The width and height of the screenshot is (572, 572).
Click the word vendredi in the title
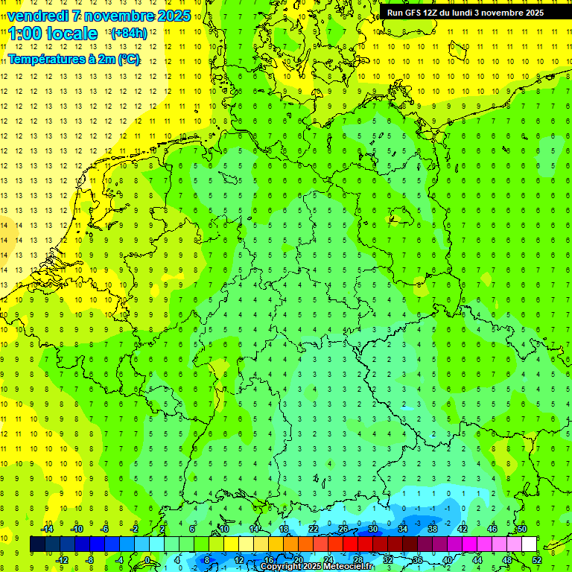pyautogui.click(x=38, y=16)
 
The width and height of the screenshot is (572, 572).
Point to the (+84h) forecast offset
pyautogui.click(x=129, y=34)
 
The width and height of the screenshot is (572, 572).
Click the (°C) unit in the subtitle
pyautogui.click(x=128, y=60)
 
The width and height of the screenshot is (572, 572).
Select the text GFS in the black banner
pyautogui.click(x=416, y=13)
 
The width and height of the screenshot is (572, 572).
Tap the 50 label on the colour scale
pyautogui.click(x=521, y=529)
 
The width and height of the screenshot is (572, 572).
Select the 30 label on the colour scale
pyautogui.click(x=372, y=529)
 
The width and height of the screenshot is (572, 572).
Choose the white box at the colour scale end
pyautogui.click(x=530, y=544)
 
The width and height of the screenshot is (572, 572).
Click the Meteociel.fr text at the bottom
pyautogui.click(x=347, y=567)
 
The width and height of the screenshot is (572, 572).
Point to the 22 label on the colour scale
pyautogui.click(x=314, y=529)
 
